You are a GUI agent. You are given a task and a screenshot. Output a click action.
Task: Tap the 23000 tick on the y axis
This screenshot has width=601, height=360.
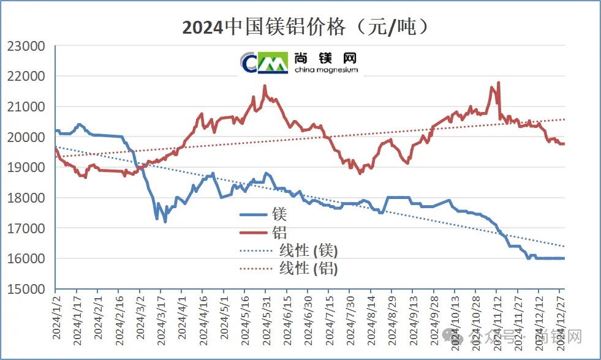(x=26, y=46)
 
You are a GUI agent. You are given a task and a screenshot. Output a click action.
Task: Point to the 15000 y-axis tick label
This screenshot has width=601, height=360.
(x=26, y=288)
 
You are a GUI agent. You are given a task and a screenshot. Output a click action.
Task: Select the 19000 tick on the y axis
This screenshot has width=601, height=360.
(x=26, y=167)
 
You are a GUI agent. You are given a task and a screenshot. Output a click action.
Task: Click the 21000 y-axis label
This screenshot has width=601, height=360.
(x=26, y=107)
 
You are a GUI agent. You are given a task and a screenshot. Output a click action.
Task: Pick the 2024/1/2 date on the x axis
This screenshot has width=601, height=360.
(x=56, y=319)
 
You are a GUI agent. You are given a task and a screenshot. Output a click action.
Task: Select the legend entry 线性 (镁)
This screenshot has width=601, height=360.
(x=288, y=250)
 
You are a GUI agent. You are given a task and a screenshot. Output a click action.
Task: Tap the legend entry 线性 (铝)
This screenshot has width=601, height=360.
(x=288, y=268)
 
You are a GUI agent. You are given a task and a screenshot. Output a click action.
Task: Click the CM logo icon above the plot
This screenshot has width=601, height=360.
(x=264, y=61)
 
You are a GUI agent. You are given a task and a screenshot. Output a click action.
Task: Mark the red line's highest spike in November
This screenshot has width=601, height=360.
(x=499, y=82)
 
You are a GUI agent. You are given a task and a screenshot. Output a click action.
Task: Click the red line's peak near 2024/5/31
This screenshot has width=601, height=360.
(x=265, y=86)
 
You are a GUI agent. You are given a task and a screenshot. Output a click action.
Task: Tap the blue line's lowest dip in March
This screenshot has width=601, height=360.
(x=165, y=222)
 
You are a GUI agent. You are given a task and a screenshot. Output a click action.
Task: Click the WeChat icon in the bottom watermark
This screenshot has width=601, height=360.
(x=454, y=336)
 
